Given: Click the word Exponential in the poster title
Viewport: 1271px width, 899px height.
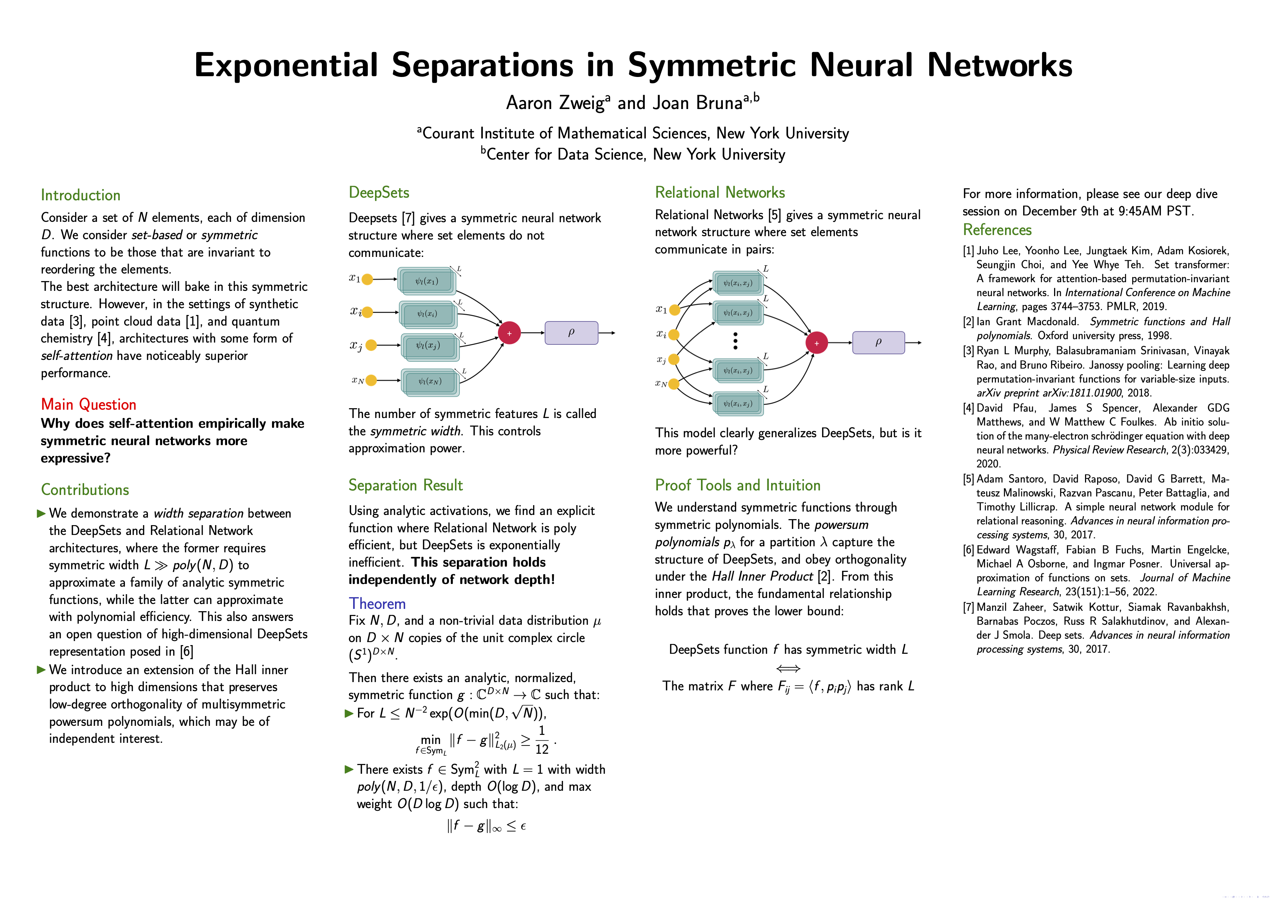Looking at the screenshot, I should click(x=286, y=65).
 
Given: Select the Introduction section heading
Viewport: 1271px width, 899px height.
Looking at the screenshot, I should click(x=80, y=195).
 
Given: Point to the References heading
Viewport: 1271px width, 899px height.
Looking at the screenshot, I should click(x=997, y=230).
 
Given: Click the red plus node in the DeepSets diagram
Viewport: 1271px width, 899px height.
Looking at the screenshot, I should click(x=509, y=333).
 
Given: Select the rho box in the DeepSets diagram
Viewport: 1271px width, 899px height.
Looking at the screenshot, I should click(x=571, y=333).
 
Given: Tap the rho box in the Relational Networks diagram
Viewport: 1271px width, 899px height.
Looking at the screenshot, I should click(x=878, y=343).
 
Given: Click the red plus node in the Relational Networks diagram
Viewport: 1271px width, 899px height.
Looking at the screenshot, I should click(x=816, y=343).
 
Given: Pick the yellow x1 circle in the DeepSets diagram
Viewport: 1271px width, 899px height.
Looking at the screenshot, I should click(x=367, y=279).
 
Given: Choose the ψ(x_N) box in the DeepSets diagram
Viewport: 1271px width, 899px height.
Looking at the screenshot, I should click(x=430, y=381).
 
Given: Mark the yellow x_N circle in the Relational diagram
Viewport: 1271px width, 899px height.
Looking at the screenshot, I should click(x=674, y=384).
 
